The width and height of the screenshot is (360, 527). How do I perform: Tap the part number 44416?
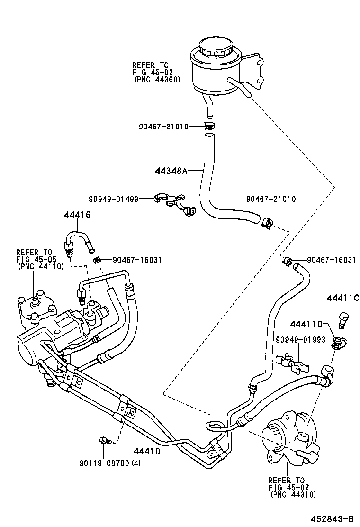77,215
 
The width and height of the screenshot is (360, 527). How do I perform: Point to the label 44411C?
343,298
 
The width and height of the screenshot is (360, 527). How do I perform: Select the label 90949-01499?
114,199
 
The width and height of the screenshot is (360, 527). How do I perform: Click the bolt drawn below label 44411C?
343,320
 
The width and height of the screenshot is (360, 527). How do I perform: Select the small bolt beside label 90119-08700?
104,440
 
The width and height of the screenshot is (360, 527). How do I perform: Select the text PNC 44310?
293,495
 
